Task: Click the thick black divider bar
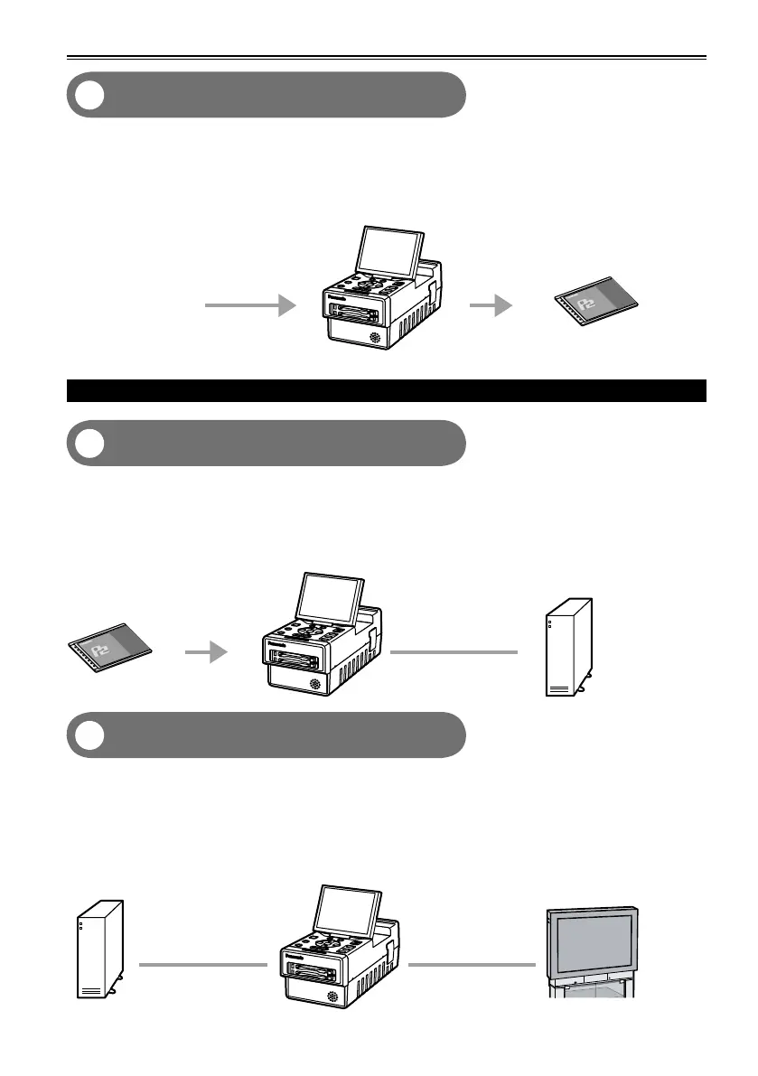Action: [x=387, y=390]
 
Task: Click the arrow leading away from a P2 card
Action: [x=206, y=652]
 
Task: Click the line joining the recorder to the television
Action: [x=472, y=965]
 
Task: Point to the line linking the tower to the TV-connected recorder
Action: [x=202, y=965]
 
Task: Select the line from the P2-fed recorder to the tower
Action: [x=455, y=651]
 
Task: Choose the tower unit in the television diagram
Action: [x=98, y=949]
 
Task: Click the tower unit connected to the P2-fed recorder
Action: [x=568, y=647]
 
